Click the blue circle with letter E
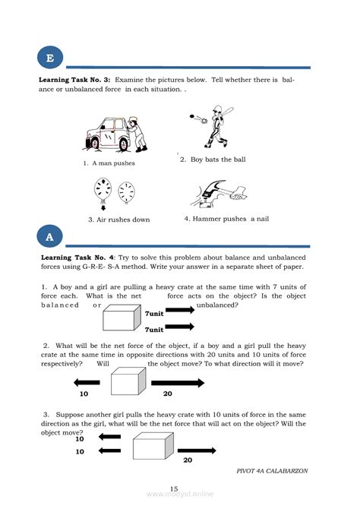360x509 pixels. pyautogui.click(x=50, y=58)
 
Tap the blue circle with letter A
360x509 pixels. pyautogui.click(x=49, y=236)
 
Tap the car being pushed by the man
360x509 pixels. pyautogui.click(x=108, y=134)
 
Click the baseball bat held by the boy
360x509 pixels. pyautogui.click(x=226, y=112)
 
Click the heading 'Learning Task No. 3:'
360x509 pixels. pyautogui.click(x=74, y=80)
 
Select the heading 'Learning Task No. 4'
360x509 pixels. pyautogui.click(x=77, y=258)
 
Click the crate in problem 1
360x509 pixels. pyautogui.click(x=122, y=318)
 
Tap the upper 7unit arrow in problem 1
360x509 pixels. pyautogui.click(x=180, y=310)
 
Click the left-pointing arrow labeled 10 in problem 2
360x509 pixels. pyautogui.click(x=87, y=382)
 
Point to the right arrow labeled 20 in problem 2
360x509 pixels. pyautogui.click(x=178, y=383)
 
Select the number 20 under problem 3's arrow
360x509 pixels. pyautogui.click(x=188, y=460)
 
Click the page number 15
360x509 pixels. pyautogui.click(x=174, y=488)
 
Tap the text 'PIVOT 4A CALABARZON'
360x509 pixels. pyautogui.click(x=272, y=471)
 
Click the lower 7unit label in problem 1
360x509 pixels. pyautogui.click(x=154, y=330)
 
